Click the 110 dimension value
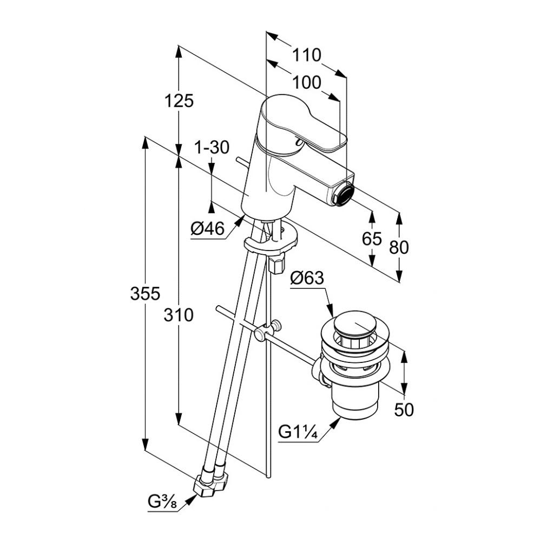307,55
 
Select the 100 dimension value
307,83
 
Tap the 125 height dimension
179,101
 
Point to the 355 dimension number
145,294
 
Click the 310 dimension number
179,314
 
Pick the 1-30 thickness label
212,147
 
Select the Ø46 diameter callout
207,229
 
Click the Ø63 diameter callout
306,278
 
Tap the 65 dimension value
372,239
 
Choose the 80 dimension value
399,247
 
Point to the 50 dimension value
404,410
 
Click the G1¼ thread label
298,433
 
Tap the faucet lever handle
303,127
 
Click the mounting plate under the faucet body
270,242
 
